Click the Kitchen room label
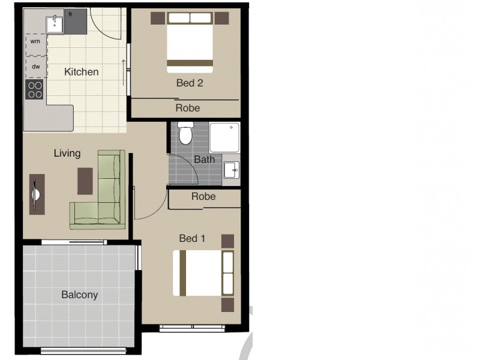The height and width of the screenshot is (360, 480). coord(81,72)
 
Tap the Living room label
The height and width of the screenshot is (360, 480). coord(67,153)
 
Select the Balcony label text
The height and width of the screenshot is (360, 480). coord(79,295)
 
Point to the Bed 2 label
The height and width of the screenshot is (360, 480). coord(189,83)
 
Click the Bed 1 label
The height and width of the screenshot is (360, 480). coord(192,239)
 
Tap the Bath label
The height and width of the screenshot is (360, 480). coord(204,160)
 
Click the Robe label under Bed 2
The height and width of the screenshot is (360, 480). coord(187,108)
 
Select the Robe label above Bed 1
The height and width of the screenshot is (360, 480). coord(203,196)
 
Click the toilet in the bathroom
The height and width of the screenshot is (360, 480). coord(185,133)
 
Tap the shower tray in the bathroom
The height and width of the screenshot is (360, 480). coord(224,137)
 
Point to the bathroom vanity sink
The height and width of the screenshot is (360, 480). coord(231,170)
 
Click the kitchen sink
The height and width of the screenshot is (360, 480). coord(55,23)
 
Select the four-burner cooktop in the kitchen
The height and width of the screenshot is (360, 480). coord(35,89)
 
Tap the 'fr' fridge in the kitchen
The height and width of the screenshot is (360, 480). coord(76,20)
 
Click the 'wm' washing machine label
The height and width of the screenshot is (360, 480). coord(35,41)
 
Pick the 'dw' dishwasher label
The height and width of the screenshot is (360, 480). coord(35,67)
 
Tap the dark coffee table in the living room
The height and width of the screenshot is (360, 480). coord(85,181)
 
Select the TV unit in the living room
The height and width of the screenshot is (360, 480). coord(37,193)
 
